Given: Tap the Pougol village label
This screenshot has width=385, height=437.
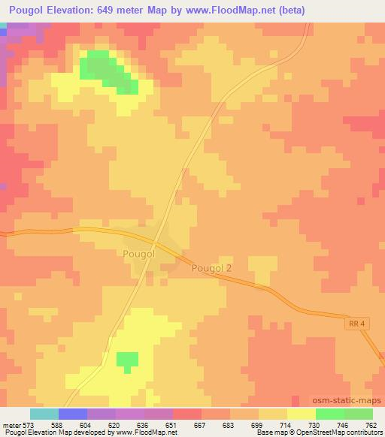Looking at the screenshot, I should point(138,255).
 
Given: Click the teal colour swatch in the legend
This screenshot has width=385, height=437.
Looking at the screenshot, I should point(44,414).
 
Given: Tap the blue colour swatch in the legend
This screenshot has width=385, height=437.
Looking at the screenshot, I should point(73,414).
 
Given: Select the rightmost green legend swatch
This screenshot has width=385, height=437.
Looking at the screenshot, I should point(359,414).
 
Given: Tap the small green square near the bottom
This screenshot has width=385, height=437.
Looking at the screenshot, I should point(128,360).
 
